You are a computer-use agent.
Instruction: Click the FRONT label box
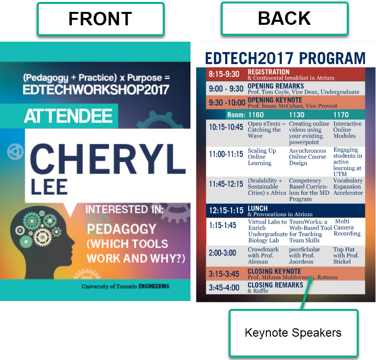tap(101, 19)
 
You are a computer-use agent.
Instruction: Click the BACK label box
tap(284, 18)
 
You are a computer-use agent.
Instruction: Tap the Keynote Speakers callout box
tap(294, 333)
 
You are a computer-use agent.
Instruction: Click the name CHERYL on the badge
tap(108, 159)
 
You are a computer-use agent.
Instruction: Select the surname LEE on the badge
tap(49, 187)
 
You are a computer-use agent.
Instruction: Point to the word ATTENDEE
tap(68, 116)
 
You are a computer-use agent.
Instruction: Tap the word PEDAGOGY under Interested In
tap(122, 229)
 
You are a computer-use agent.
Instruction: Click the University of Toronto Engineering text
tap(125, 286)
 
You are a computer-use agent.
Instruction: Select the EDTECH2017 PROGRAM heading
tap(285, 58)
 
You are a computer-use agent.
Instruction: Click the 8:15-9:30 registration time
tap(224, 74)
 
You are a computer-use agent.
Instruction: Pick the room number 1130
tap(297, 115)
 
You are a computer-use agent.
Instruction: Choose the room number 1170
tap(341, 115)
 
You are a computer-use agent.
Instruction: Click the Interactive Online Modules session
tap(347, 129)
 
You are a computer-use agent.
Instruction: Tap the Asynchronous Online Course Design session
tap(308, 157)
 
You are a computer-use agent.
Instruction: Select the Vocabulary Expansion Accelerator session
tap(348, 187)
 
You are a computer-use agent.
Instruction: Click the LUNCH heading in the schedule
tap(257, 208)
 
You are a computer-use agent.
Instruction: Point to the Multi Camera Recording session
tap(347, 227)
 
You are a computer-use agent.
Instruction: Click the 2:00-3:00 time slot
tap(222, 253)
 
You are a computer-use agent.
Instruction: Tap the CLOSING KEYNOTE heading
tap(274, 271)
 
